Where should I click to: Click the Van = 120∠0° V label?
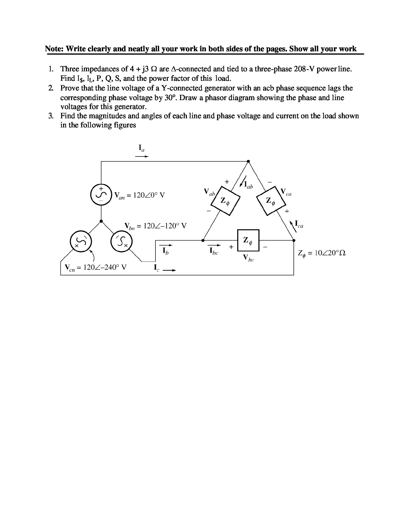pos(140,195)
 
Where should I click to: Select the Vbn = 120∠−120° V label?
pos(155,226)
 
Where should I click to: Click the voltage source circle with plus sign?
pos(101,194)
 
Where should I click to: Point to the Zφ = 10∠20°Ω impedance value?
pos(322,253)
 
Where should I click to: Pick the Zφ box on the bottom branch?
pos(248,241)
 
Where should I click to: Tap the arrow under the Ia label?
pos(142,157)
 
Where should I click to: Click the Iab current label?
pos(248,185)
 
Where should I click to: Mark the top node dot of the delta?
pos(248,161)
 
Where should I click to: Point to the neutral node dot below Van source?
pos(101,221)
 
